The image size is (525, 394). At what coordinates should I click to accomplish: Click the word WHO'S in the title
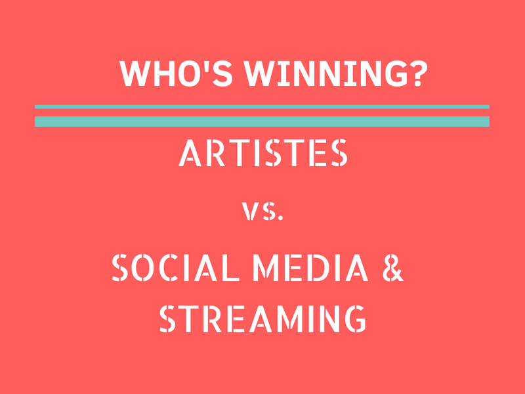(x=176, y=74)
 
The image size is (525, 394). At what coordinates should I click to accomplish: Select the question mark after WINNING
(x=419, y=74)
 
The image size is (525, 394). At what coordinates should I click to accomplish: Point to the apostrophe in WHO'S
(x=207, y=65)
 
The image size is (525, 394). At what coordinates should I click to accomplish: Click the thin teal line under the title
(x=262, y=107)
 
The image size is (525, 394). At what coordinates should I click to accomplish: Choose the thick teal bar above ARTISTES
(x=262, y=121)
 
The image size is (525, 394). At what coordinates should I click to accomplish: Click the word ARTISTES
(x=263, y=153)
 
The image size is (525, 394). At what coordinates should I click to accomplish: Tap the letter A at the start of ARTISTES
(x=190, y=153)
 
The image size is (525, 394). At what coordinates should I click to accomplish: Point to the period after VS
(x=281, y=218)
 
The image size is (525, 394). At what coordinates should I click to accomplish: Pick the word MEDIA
(x=310, y=267)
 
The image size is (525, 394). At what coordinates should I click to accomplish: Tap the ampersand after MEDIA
(x=393, y=267)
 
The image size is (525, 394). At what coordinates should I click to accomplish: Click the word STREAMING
(x=262, y=318)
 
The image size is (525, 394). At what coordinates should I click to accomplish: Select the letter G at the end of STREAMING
(x=355, y=318)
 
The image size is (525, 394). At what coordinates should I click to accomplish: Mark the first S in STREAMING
(x=167, y=318)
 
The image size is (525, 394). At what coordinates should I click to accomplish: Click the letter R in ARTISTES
(x=215, y=153)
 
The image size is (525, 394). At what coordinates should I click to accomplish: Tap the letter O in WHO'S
(x=189, y=74)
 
